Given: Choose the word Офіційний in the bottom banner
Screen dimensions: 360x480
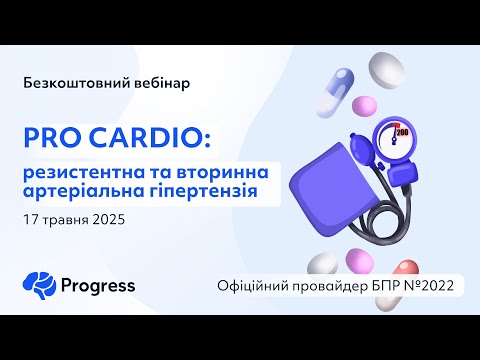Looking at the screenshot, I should click(x=256, y=285).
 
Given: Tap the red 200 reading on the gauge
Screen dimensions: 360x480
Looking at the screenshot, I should click(x=405, y=131).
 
